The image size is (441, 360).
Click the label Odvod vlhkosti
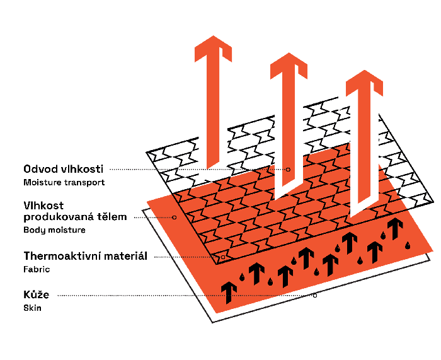(x=64, y=169)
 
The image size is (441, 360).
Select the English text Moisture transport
(x=64, y=182)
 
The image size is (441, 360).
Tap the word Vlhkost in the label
(x=44, y=206)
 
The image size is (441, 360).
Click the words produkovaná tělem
(x=75, y=217)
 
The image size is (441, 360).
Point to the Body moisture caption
(x=54, y=230)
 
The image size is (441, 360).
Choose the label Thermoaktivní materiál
(x=85, y=256)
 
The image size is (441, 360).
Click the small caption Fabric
(x=37, y=269)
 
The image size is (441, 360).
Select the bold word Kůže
(x=36, y=294)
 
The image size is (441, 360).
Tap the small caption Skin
(x=33, y=308)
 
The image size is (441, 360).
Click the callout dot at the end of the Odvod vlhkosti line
(x=289, y=169)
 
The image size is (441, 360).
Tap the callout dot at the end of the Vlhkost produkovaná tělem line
(x=174, y=217)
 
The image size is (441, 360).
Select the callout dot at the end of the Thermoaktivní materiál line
(x=223, y=257)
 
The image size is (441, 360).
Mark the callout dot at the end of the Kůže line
(x=315, y=295)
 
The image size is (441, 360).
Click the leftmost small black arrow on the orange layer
(x=229, y=290)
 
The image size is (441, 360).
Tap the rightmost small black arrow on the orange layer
(x=396, y=228)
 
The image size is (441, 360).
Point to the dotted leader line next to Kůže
(x=189, y=295)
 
